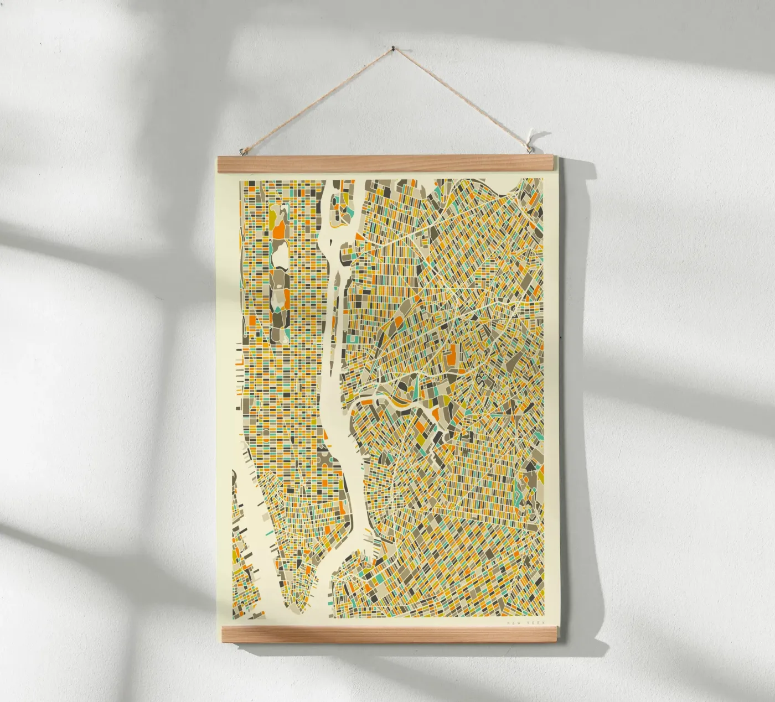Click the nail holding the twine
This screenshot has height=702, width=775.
tap(393, 48)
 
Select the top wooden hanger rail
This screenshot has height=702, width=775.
tap(387, 163)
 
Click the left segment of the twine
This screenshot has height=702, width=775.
tap(316, 99)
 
